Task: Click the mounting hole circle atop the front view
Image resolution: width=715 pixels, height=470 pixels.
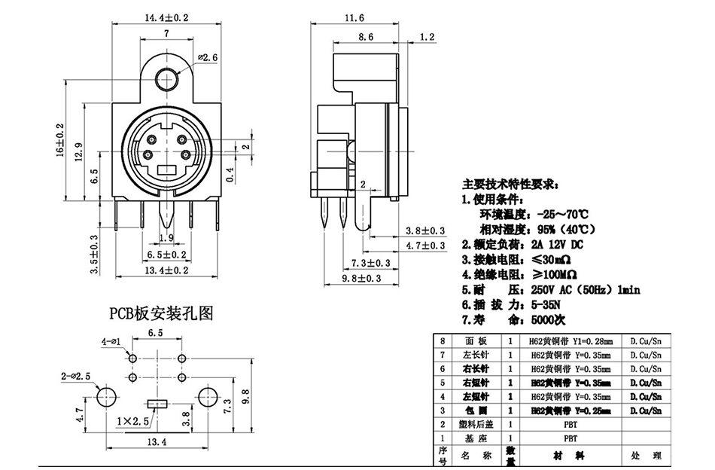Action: pyautogui.click(x=165, y=81)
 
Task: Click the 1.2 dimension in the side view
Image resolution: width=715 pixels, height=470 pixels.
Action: pyautogui.click(x=427, y=36)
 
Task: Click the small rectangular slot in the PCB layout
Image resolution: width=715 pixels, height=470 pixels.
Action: pyautogui.click(x=157, y=404)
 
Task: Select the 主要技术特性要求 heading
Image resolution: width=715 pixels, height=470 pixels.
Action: pyautogui.click(x=509, y=184)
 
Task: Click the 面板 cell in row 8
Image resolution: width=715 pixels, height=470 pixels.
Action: pyautogui.click(x=476, y=340)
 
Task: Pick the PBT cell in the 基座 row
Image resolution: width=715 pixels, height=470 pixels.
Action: pyautogui.click(x=567, y=437)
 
